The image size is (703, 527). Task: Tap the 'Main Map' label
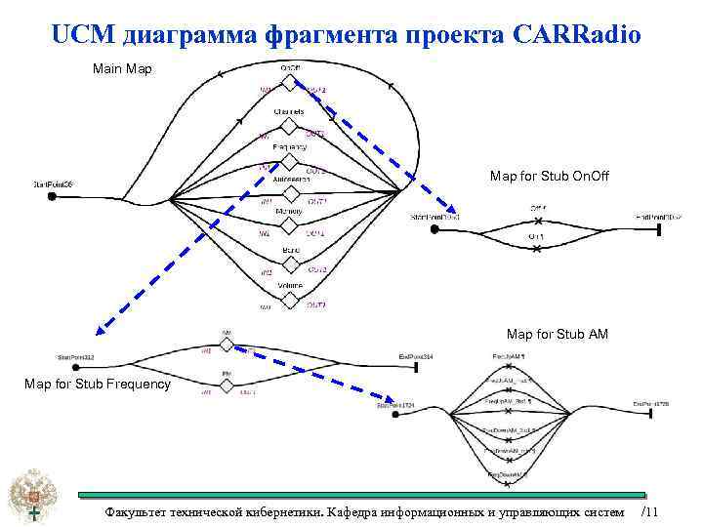(121, 69)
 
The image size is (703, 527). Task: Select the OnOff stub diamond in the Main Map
(289, 81)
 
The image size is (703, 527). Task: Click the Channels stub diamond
(289, 126)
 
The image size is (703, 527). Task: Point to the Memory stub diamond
(289, 224)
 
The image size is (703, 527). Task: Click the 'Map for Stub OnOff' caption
(549, 176)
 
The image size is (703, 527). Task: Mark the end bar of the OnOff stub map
(661, 228)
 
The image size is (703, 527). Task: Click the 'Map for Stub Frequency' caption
(98, 384)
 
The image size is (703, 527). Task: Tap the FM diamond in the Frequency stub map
(227, 385)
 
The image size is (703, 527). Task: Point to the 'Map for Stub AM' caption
(558, 335)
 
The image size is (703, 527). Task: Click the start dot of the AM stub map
(395, 415)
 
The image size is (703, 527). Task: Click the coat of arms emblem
(33, 498)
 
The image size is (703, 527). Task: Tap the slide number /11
(650, 512)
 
